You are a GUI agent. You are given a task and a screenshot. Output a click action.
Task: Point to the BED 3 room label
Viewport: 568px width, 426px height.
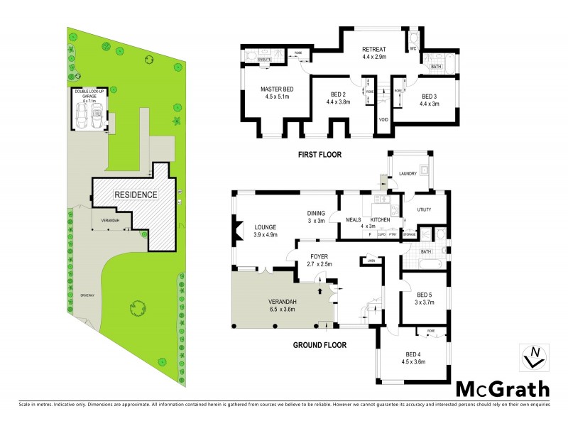point(430,96)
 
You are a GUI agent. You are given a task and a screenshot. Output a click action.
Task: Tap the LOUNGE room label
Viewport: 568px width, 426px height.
point(265,226)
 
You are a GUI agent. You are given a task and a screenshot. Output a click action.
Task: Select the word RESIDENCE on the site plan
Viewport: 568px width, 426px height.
point(136,194)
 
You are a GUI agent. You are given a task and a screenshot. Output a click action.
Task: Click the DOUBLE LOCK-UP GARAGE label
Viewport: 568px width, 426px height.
point(89,95)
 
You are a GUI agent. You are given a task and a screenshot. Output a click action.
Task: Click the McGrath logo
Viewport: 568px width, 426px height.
point(502,388)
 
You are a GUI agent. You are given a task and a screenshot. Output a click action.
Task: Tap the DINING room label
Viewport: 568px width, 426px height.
point(316,212)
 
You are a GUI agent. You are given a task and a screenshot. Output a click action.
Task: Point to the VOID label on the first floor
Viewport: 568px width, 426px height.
point(383,119)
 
